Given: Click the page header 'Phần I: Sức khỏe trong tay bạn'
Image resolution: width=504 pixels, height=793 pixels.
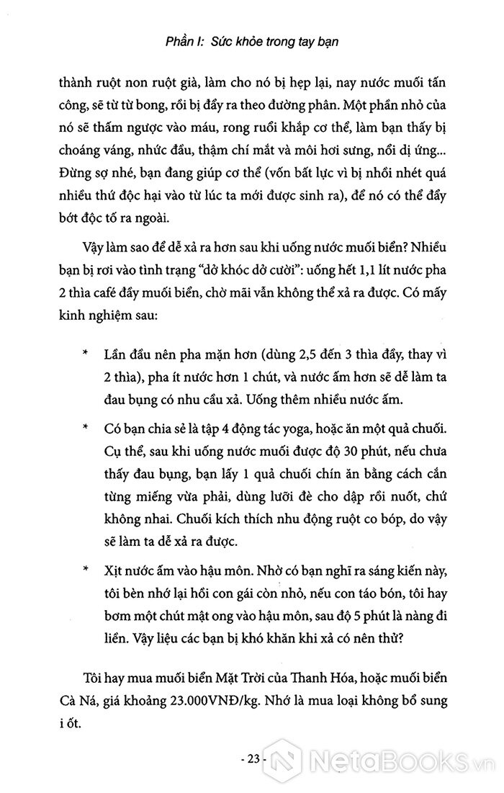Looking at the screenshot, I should [x=252, y=42].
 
